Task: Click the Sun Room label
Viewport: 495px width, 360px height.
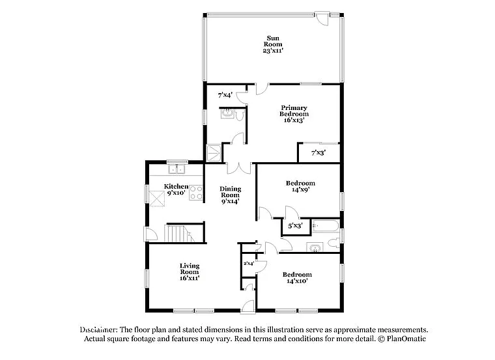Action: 272,44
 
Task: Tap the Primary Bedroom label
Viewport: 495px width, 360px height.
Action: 294,113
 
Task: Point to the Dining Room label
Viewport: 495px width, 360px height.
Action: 230,195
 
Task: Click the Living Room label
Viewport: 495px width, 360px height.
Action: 190,271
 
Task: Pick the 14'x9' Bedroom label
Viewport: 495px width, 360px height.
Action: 300,187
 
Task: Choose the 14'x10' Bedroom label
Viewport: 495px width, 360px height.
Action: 296,278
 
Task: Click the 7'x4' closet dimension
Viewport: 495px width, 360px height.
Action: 225,95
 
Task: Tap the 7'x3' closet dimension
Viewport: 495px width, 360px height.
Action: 318,153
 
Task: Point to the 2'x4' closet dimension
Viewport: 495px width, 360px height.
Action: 248,264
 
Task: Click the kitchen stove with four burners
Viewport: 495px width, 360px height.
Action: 196,193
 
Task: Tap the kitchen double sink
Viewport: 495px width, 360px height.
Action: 177,171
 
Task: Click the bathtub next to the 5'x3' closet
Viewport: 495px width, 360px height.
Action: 324,227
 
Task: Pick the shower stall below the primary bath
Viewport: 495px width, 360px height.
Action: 214,154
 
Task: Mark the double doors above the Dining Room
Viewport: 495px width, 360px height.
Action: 238,167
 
